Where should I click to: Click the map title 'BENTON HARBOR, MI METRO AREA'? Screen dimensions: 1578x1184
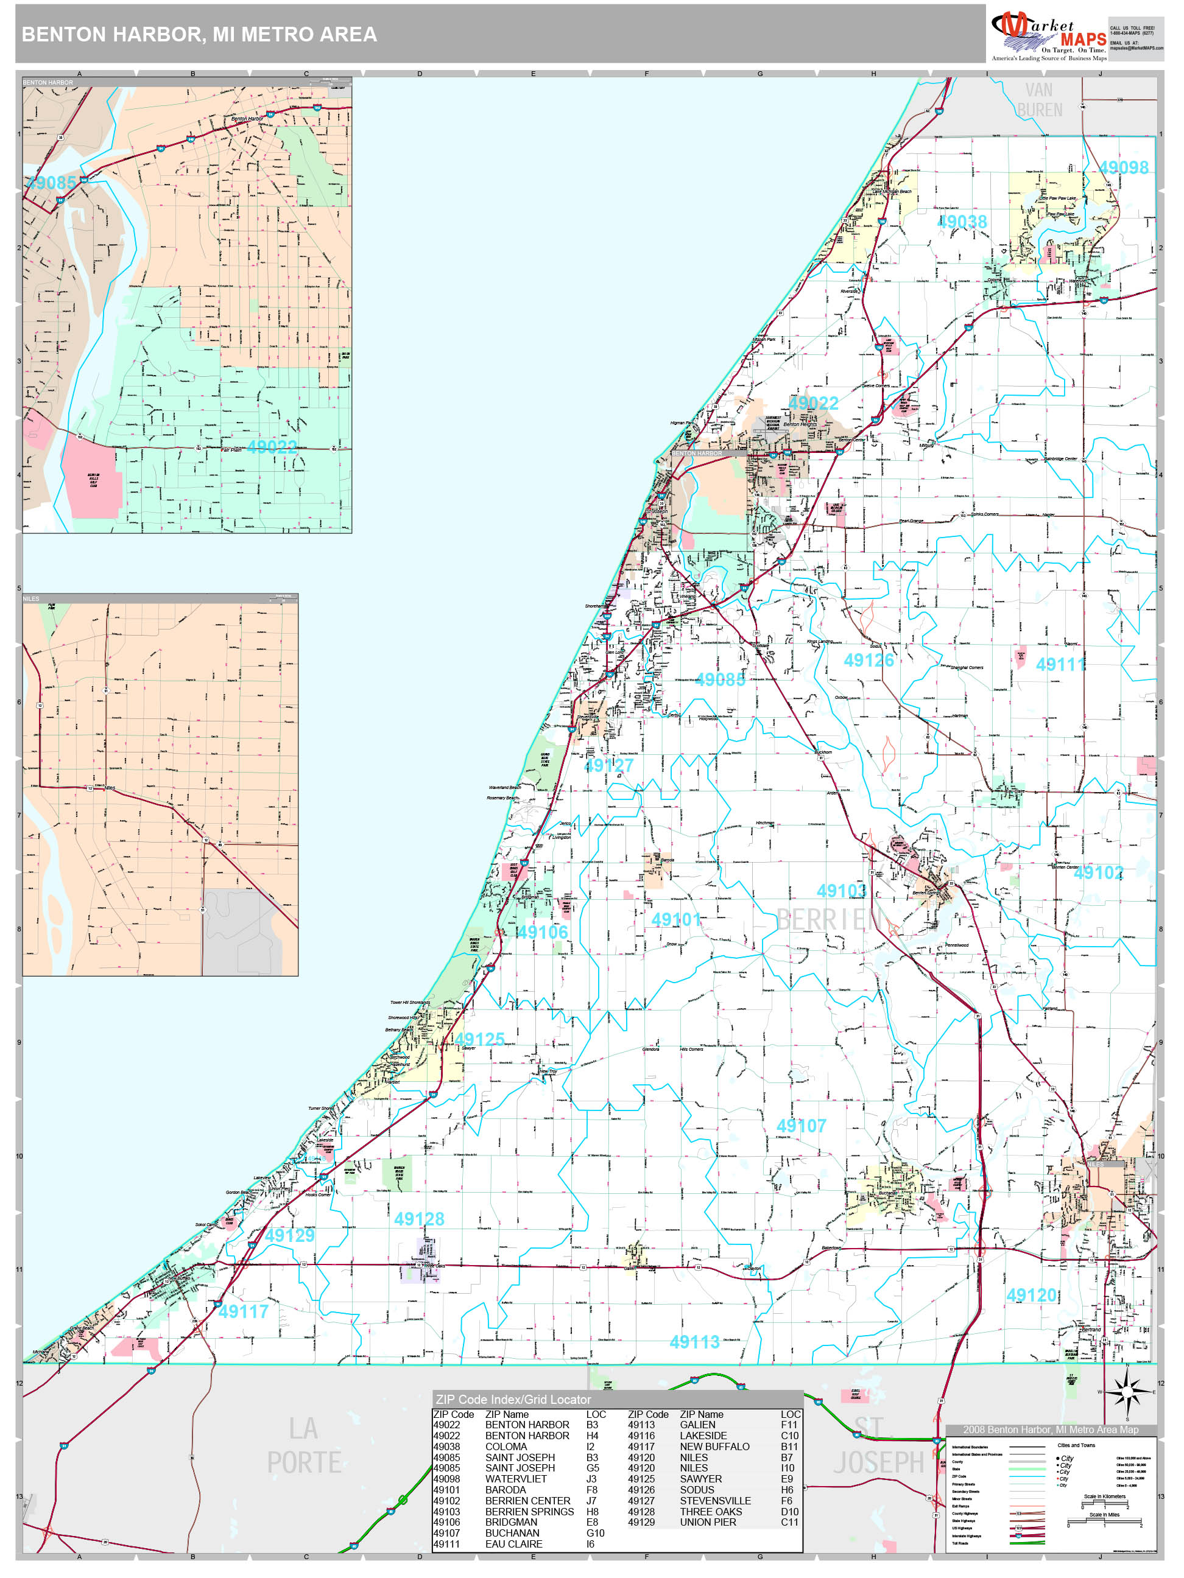coord(199,34)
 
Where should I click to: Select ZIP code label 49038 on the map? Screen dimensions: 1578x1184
coord(962,222)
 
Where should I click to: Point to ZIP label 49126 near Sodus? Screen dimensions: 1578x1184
coord(869,661)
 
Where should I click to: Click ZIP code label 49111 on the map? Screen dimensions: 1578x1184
coord(1060,665)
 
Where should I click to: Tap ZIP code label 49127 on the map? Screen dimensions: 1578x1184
coord(609,765)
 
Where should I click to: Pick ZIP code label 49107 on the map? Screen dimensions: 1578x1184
coord(801,1126)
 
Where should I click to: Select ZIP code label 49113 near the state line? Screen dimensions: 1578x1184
coord(694,1342)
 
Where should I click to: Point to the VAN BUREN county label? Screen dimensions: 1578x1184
coord(1039,100)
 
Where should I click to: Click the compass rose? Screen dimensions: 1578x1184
coord(1127,1392)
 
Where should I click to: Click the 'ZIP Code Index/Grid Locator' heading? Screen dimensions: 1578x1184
coord(513,1400)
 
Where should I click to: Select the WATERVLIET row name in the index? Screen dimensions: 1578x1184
coord(515,1479)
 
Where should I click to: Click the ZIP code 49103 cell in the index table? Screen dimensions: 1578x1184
coord(447,1512)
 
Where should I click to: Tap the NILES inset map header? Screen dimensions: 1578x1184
coord(32,599)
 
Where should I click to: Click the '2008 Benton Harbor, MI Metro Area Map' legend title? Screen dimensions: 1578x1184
coord(1051,1429)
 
